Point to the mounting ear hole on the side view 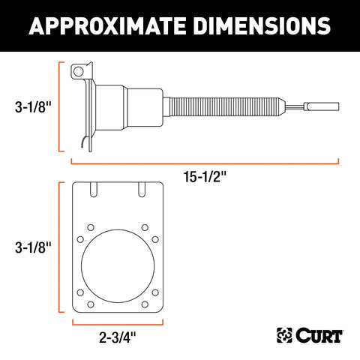(x=77, y=72)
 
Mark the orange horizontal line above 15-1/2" (x=204, y=160)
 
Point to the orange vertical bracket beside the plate (x=59, y=247)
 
